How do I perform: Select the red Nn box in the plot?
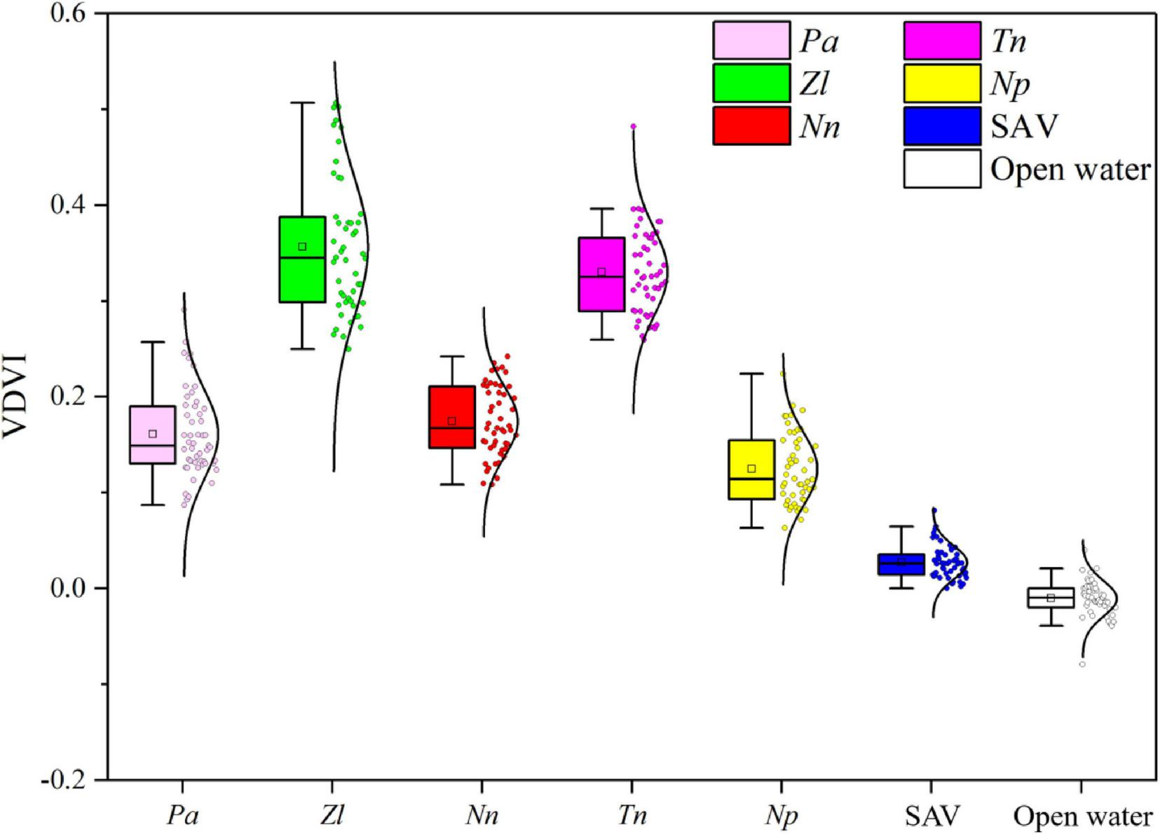click(452, 406)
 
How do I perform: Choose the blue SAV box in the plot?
click(901, 565)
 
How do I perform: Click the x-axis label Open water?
click(1082, 817)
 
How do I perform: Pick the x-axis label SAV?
click(931, 817)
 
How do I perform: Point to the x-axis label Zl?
click(332, 817)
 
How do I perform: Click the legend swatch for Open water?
click(942, 169)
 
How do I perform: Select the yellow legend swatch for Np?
click(942, 83)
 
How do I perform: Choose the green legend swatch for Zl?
click(751, 83)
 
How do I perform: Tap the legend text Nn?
click(819, 127)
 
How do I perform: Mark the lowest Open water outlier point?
click(1082, 664)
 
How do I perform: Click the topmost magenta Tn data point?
click(633, 127)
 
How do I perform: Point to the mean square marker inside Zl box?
click(302, 247)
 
